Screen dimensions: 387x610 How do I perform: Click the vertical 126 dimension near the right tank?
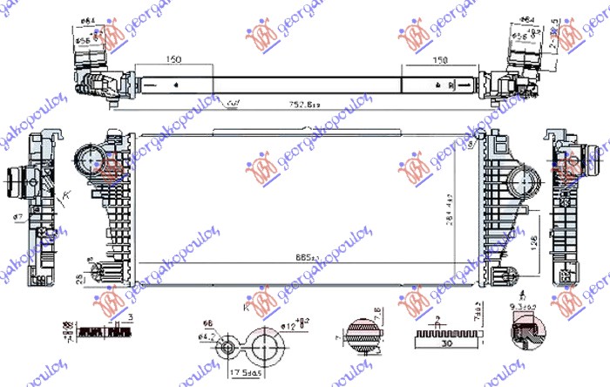coord(532,233)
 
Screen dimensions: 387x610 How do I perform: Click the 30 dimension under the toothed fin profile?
coord(445,343)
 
